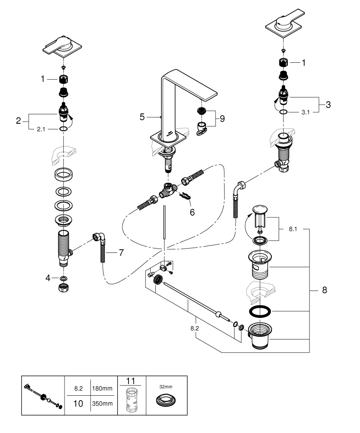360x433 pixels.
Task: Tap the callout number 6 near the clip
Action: (192, 212)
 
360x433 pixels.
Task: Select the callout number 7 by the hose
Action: (121, 252)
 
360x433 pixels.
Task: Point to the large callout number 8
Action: (325, 290)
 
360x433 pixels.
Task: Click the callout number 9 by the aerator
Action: (222, 118)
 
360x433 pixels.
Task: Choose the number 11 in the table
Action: (131, 381)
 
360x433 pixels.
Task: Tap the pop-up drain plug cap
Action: (260, 210)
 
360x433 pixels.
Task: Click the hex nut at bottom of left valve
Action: (64, 289)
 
